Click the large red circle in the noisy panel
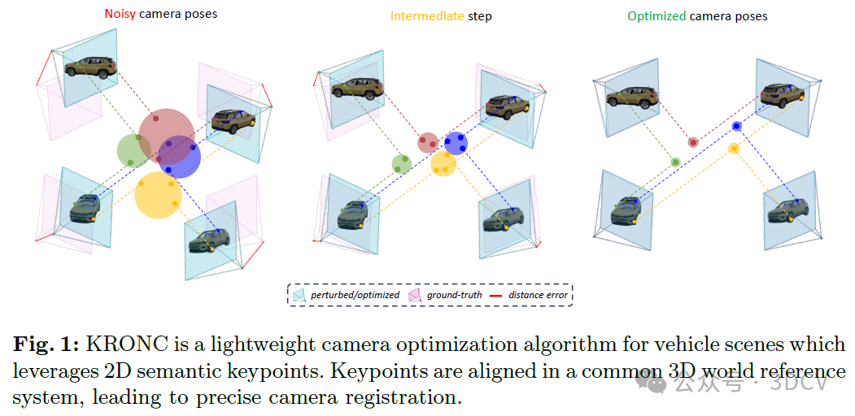point(166,134)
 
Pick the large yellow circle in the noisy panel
point(157,195)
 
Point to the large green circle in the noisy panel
point(133,150)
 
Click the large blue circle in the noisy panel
point(181,157)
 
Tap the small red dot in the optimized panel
point(693,142)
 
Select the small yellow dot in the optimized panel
point(734,149)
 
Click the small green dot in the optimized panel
point(675,162)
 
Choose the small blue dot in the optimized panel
point(736,126)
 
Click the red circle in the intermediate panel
point(428,143)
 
